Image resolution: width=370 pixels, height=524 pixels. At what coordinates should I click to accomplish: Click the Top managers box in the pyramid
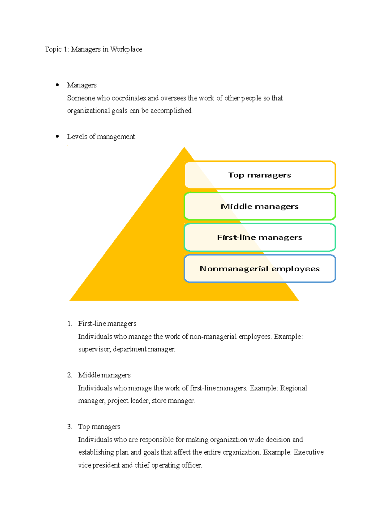pos(260,175)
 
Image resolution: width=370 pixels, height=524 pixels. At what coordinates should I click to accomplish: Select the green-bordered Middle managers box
pos(260,206)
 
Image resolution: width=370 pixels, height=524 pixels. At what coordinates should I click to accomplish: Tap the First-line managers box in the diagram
pos(260,237)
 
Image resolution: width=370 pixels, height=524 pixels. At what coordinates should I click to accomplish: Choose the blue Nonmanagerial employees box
pos(260,268)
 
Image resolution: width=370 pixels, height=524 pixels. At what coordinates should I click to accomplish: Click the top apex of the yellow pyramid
pos(184,148)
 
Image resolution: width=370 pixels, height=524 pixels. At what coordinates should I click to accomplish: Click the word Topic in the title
pos(53,49)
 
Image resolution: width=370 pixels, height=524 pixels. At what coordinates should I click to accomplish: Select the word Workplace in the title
pos(126,49)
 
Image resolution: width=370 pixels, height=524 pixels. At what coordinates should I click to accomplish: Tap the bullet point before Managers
pos(57,85)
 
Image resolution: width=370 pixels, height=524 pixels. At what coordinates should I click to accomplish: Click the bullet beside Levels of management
pos(57,136)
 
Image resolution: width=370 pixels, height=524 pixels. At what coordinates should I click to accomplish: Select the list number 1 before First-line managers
pos(69,324)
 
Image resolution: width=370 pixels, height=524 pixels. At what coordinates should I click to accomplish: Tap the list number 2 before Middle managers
pos(69,375)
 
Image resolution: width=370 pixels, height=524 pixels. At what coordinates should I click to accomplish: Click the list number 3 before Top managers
pos(69,427)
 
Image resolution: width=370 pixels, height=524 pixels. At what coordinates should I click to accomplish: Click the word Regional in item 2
pos(294,388)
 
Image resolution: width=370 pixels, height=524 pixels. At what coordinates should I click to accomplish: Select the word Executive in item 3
pos(309,452)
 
